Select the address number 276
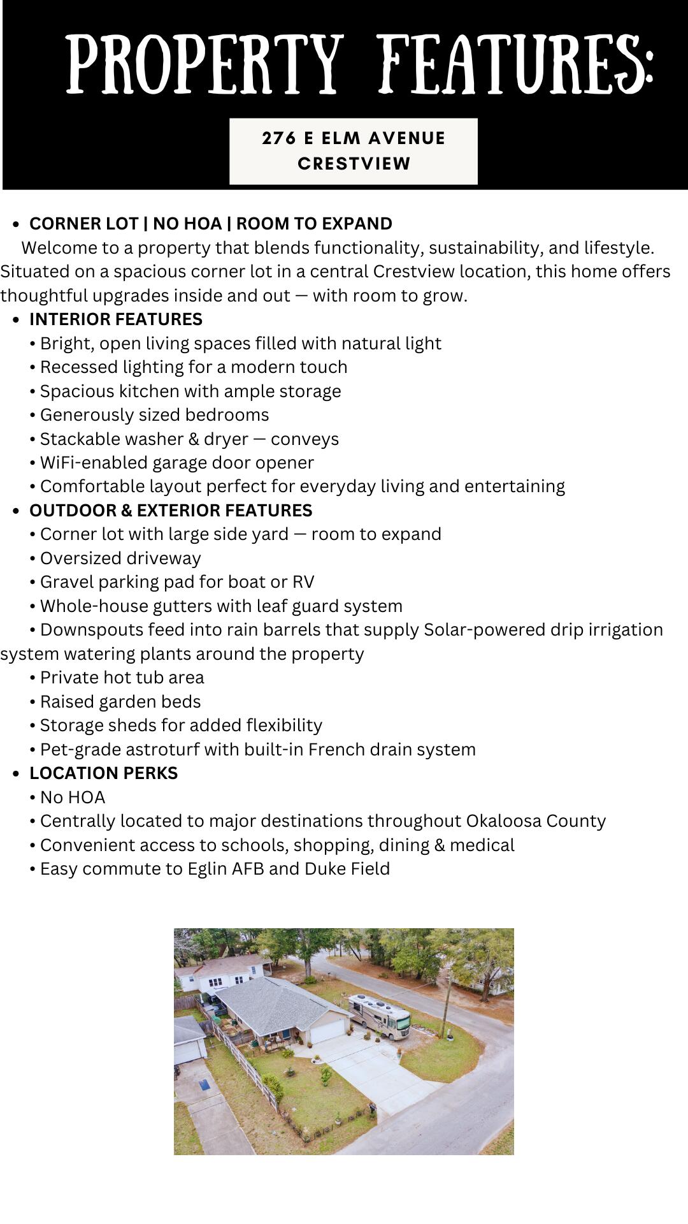coord(278,138)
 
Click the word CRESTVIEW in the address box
coord(354,164)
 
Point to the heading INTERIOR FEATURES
coord(116,319)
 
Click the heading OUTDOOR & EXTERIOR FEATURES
coord(171,511)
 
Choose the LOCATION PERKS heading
coord(103,773)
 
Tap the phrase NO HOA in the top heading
coord(187,224)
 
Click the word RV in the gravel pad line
coord(303,582)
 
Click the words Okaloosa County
coord(536,821)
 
